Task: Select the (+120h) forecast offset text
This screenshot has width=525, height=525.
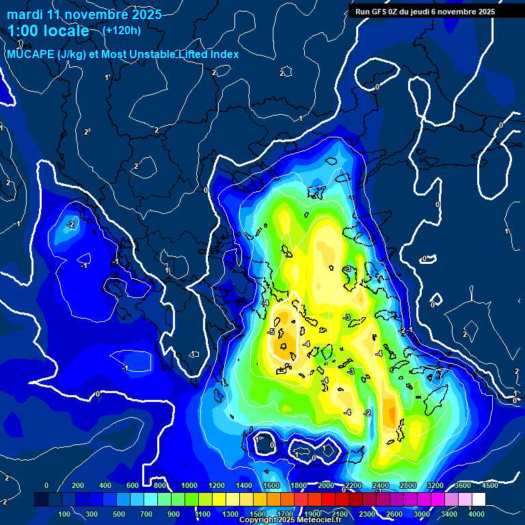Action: coord(122,31)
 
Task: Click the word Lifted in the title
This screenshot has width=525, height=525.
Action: coord(193,54)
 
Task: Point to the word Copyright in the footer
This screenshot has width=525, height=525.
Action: coord(257,520)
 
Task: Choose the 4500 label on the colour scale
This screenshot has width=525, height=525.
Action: coord(489,485)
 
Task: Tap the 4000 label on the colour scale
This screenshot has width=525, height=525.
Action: coord(476,513)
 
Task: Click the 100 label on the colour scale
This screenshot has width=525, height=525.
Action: coord(65,513)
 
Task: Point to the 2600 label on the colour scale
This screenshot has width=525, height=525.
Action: coord(394,513)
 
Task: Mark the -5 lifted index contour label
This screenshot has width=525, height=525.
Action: coord(271,332)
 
